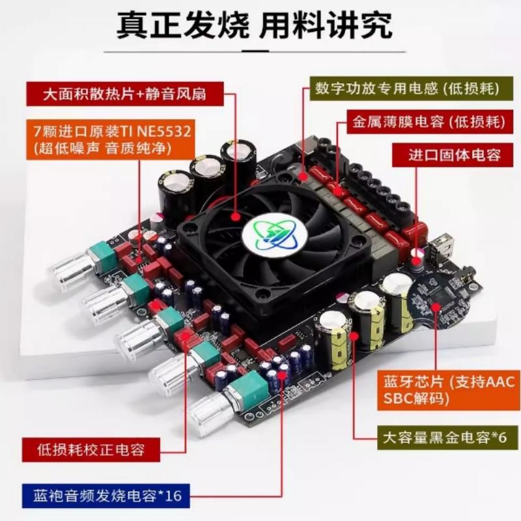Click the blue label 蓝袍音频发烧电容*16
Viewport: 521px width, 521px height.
click(x=104, y=496)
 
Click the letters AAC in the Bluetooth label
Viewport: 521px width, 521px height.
click(x=494, y=382)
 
